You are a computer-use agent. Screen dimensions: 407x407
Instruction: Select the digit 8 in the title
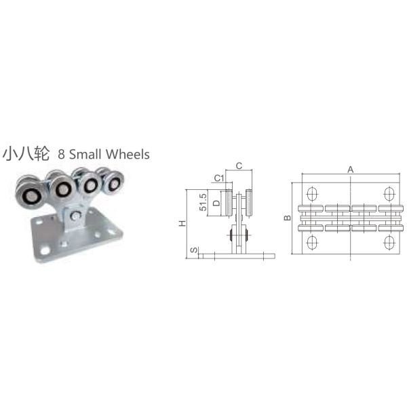pyautogui.click(x=63, y=154)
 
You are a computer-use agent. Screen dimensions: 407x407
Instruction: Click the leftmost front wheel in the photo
pyautogui.click(x=31, y=197)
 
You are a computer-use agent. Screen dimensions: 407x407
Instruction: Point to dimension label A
pyautogui.click(x=350, y=170)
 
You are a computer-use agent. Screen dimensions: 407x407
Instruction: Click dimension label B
pyautogui.click(x=287, y=218)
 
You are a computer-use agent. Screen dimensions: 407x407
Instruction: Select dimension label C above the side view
pyautogui.click(x=239, y=165)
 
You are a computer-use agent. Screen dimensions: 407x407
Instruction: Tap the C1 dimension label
pyautogui.click(x=218, y=178)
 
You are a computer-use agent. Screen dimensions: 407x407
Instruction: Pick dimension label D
pyautogui.click(x=216, y=203)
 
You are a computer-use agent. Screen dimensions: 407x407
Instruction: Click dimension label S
pyautogui.click(x=194, y=251)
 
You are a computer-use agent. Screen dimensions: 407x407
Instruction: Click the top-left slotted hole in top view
pyautogui.click(x=312, y=193)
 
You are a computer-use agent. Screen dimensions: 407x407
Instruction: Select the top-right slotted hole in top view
pyautogui.click(x=389, y=193)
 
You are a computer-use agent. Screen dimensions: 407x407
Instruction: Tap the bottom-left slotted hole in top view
pyautogui.click(x=312, y=243)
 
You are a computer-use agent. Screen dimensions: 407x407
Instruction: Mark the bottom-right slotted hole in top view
pyautogui.click(x=389, y=243)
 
